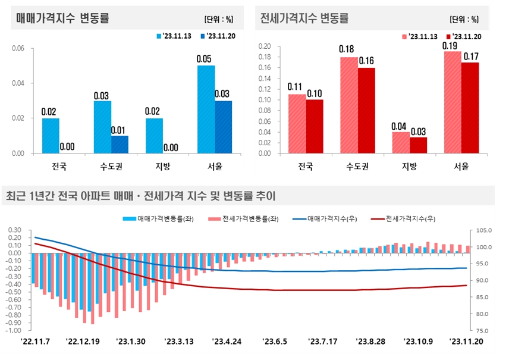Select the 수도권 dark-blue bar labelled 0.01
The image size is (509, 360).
[120, 145]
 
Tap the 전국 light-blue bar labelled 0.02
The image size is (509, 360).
[50, 136]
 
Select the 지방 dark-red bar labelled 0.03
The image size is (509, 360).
[418, 145]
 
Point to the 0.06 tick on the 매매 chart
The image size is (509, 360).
[19, 48]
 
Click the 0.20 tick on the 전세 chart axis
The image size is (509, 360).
[265, 46]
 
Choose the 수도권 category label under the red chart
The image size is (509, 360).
[357, 166]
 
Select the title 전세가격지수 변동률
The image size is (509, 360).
[304, 18]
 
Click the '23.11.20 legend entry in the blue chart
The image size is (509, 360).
[221, 36]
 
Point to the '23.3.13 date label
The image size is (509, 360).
[180, 342]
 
